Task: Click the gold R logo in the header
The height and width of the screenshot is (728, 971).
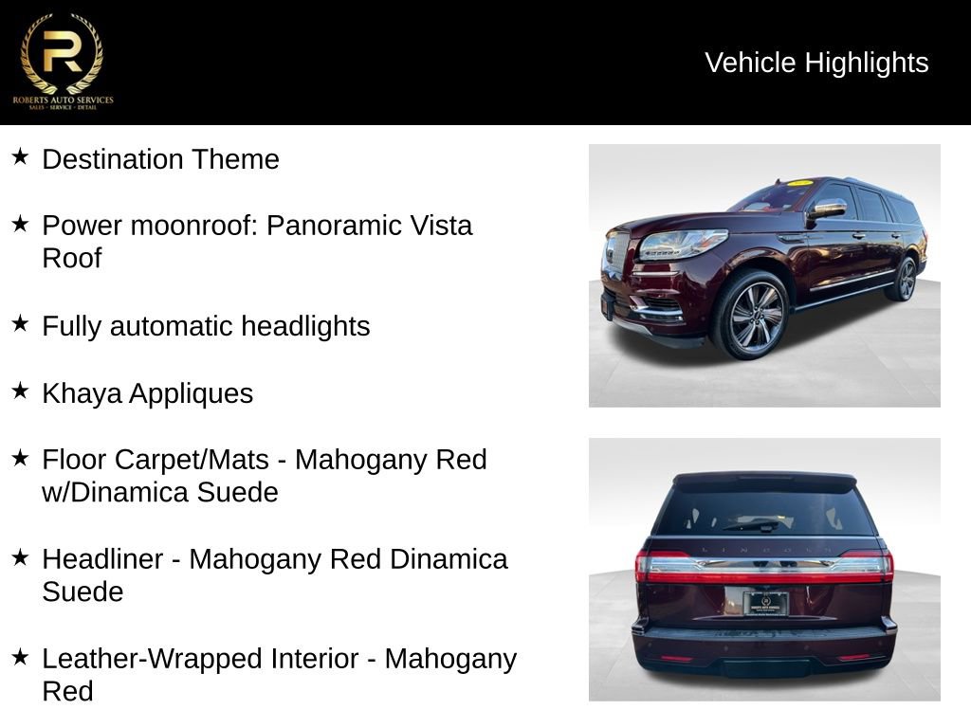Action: tap(62, 53)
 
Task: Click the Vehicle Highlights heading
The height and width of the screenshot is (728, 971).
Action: tap(816, 63)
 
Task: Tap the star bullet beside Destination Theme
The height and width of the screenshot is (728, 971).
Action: tap(20, 156)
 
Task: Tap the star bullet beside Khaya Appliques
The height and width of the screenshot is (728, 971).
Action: tap(20, 391)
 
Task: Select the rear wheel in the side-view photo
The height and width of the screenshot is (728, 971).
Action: tap(906, 279)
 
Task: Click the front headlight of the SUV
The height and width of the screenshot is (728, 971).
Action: tap(681, 244)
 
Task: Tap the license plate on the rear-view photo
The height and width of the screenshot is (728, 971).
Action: tap(764, 603)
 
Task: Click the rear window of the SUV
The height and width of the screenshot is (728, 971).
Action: tap(763, 513)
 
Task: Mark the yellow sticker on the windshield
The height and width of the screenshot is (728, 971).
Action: tap(800, 183)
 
